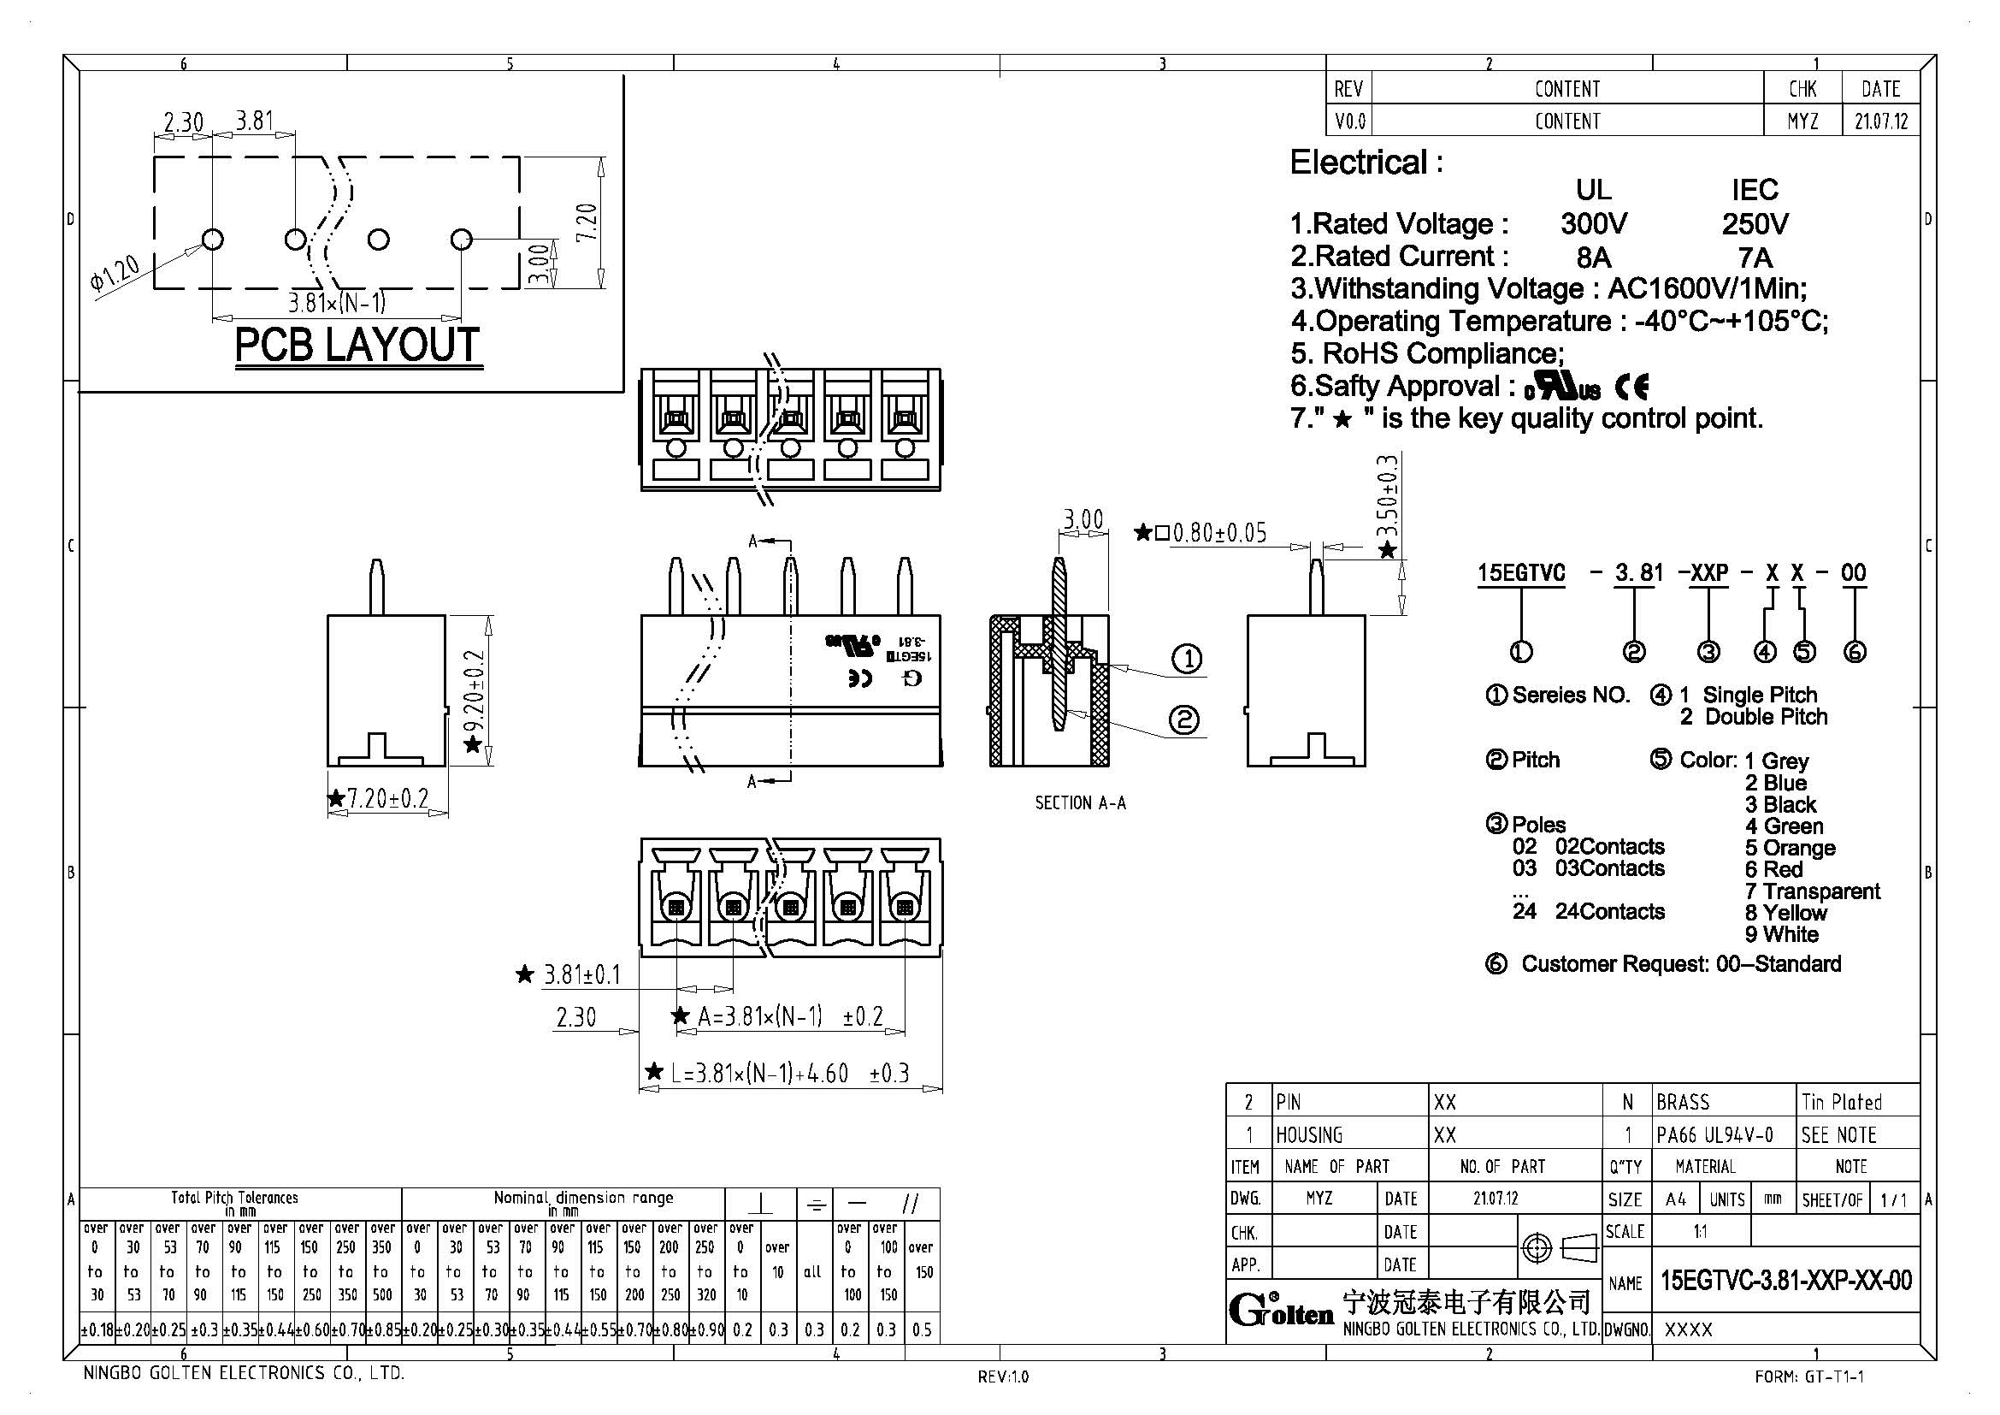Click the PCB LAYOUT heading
click(357, 346)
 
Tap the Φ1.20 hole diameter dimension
click(113, 272)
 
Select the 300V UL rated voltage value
click(1593, 224)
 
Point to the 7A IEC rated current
click(1755, 258)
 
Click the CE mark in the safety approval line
click(1631, 386)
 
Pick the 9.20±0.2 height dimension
click(474, 693)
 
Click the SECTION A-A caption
click(1080, 802)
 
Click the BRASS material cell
click(1683, 1102)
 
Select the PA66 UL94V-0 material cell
click(1714, 1134)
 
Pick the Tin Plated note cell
click(1842, 1102)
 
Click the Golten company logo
click(1281, 1310)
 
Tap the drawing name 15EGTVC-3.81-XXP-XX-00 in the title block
click(1785, 1281)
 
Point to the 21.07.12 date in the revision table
click(1880, 121)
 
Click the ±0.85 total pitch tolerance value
click(383, 1329)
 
